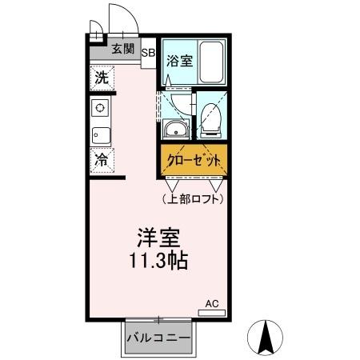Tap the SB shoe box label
tap(149, 53)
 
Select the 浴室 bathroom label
tap(177, 59)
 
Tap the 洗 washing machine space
tap(102, 78)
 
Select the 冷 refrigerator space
tap(102, 159)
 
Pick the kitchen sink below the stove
tap(101, 134)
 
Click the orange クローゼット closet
tap(194, 160)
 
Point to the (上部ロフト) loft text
tap(192, 198)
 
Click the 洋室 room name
tap(157, 238)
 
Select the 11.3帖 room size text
tap(157, 261)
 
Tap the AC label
tap(211, 303)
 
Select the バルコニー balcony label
tap(158, 338)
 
